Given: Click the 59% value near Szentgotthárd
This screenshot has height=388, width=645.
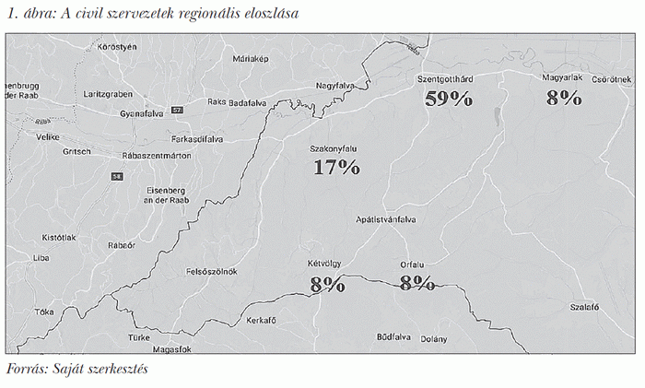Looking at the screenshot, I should click(x=449, y=100).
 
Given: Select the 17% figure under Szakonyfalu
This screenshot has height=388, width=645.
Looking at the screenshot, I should click(x=335, y=167).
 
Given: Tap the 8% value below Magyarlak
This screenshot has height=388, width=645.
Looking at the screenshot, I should click(x=563, y=98).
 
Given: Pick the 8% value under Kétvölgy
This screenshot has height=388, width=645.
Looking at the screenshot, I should click(x=327, y=284).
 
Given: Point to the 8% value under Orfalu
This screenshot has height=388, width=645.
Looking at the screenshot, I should click(x=416, y=283).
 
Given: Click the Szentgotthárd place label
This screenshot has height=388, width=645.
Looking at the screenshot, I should click(x=451, y=79).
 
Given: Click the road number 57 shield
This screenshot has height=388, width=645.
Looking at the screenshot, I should click(x=178, y=111).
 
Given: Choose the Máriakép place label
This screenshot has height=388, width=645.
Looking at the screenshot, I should click(x=250, y=58).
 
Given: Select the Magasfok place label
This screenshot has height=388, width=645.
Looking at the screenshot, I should click(x=171, y=349).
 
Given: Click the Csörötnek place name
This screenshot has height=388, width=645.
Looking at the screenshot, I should click(x=610, y=79).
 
